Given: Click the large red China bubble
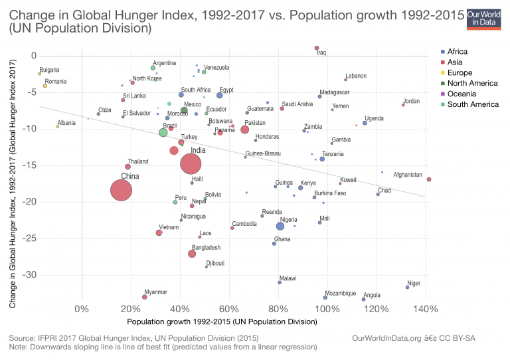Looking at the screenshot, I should [x=120, y=191].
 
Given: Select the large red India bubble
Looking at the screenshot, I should [x=195, y=163].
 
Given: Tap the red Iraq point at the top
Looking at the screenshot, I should [x=317, y=48].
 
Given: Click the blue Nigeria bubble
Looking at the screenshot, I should [x=280, y=226].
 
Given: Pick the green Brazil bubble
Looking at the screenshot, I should [x=163, y=133].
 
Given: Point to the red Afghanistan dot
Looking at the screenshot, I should [x=429, y=179].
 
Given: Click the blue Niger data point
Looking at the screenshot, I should [x=408, y=287].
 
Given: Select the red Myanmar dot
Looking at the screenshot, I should [x=145, y=297].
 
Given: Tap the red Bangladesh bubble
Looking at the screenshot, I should [x=192, y=254].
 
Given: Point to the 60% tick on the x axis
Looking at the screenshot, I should [x=228, y=310].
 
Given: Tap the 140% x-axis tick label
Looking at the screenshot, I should [x=425, y=310].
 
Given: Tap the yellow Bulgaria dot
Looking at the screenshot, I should [x=40, y=74].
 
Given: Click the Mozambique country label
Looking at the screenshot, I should [x=341, y=293].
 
